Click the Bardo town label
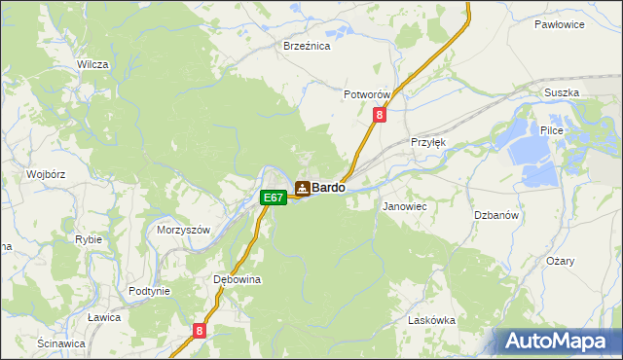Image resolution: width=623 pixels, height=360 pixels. pyautogui.click(x=328, y=188)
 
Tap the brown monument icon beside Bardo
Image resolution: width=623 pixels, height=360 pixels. pyautogui.click(x=302, y=188)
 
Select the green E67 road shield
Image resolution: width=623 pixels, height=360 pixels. pyautogui.click(x=274, y=198)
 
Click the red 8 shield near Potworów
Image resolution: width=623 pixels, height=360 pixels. pyautogui.click(x=380, y=115)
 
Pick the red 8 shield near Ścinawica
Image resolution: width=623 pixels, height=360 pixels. pyautogui.click(x=200, y=331)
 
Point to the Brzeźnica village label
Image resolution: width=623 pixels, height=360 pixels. pyautogui.click(x=307, y=46)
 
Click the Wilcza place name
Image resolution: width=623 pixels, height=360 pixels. pyautogui.click(x=92, y=64)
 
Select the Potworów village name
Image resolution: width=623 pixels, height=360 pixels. pyautogui.click(x=367, y=94)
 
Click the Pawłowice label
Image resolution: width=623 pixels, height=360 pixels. pyautogui.click(x=560, y=23)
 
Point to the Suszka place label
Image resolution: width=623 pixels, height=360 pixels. pyautogui.click(x=562, y=92)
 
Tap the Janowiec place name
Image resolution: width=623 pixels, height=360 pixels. pyautogui.click(x=405, y=207)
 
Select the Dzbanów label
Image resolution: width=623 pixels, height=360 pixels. pyautogui.click(x=495, y=215)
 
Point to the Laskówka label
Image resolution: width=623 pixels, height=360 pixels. pyautogui.click(x=432, y=320)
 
